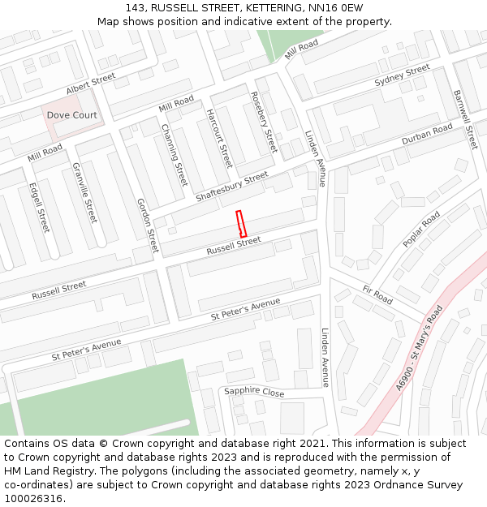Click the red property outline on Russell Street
click(241, 223)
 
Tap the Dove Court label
click(71, 115)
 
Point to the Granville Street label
click(84, 193)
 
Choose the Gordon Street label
click(148, 225)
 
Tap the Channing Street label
click(175, 155)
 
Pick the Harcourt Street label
click(218, 138)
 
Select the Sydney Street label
click(402, 76)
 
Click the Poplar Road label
click(421, 229)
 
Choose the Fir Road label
click(377, 295)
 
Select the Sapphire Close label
click(254, 393)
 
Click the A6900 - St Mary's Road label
click(420, 349)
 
